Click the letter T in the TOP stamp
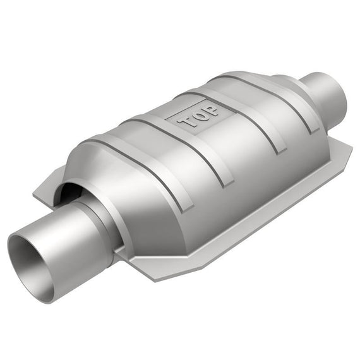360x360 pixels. click(x=186, y=123)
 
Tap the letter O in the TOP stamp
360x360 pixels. click(x=200, y=116)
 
